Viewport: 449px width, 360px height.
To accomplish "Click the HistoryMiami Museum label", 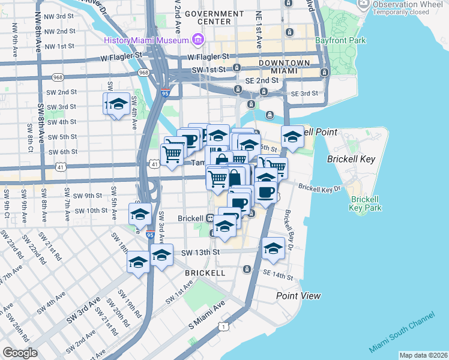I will [146, 40].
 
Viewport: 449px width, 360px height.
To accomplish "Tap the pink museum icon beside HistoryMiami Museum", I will [198, 40].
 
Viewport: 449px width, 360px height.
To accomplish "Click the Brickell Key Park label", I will [366, 203].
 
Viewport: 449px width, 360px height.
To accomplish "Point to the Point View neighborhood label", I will [298, 296].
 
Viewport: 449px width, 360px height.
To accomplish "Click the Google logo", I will [20, 353].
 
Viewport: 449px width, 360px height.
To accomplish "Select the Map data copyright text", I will [423, 355].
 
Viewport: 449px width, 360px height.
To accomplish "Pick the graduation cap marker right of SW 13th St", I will [273, 248].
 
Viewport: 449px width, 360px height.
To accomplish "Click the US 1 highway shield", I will [223, 326].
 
